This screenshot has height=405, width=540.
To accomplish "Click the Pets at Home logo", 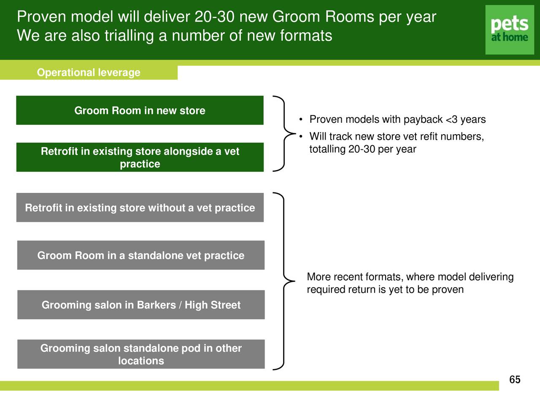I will pos(510,30).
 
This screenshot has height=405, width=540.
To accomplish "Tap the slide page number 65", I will pos(515,380).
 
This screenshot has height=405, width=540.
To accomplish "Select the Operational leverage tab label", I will pos(89,73).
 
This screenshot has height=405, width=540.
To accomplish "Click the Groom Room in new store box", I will pos(140,111).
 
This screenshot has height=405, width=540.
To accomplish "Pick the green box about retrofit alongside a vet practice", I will pos(140,157).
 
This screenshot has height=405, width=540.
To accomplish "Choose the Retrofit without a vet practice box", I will pos(140,208).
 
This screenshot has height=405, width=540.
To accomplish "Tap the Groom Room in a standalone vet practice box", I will pos(140,255).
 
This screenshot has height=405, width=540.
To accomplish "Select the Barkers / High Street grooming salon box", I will pos(140,305).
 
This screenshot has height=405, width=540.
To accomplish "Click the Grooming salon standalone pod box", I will pos(140,354).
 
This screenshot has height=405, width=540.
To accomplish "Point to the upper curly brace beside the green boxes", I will pos(283,134).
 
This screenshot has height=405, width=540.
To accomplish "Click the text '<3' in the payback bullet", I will pos(451,120).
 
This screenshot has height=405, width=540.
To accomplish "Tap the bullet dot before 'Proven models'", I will pos(300,120).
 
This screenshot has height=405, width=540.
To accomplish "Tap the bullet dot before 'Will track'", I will pos(300,137).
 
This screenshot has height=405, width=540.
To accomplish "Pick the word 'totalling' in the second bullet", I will pos(327,149).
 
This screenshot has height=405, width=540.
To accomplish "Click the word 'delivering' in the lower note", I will pos(491,277).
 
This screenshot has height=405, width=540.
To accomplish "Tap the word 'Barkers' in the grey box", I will pos(156,305).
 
